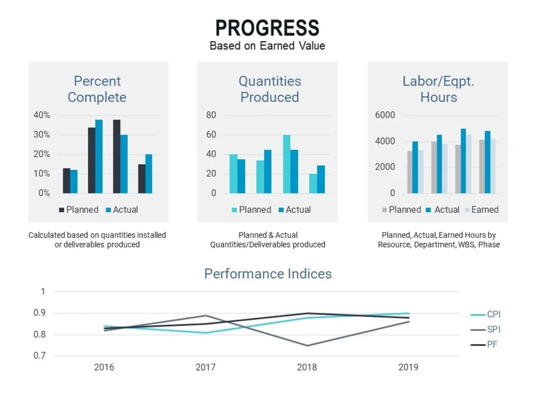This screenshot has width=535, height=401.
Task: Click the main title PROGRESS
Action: (267, 28)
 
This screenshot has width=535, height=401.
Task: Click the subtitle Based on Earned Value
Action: (267, 45)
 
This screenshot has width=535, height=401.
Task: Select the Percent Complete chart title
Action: (97, 89)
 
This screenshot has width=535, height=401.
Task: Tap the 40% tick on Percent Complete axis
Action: (42, 115)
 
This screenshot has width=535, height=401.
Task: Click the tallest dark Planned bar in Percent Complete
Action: (117, 157)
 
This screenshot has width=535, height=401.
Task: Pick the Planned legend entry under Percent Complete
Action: (79, 210)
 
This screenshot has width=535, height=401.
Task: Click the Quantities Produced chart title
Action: (270, 89)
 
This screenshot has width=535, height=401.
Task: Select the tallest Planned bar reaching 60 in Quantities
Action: (287, 164)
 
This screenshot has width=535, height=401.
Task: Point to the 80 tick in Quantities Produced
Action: (211, 115)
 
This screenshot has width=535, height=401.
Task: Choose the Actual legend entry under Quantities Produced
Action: (295, 210)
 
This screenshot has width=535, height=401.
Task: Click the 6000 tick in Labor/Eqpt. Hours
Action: (385, 115)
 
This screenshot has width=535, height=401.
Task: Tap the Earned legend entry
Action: (482, 210)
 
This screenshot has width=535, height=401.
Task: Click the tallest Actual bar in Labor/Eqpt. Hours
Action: (463, 161)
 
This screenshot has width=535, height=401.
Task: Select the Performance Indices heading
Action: (268, 274)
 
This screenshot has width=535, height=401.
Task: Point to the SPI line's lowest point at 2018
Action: (307, 346)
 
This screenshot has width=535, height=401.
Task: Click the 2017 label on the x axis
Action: (205, 367)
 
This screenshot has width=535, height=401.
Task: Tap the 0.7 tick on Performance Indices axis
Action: (39, 356)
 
